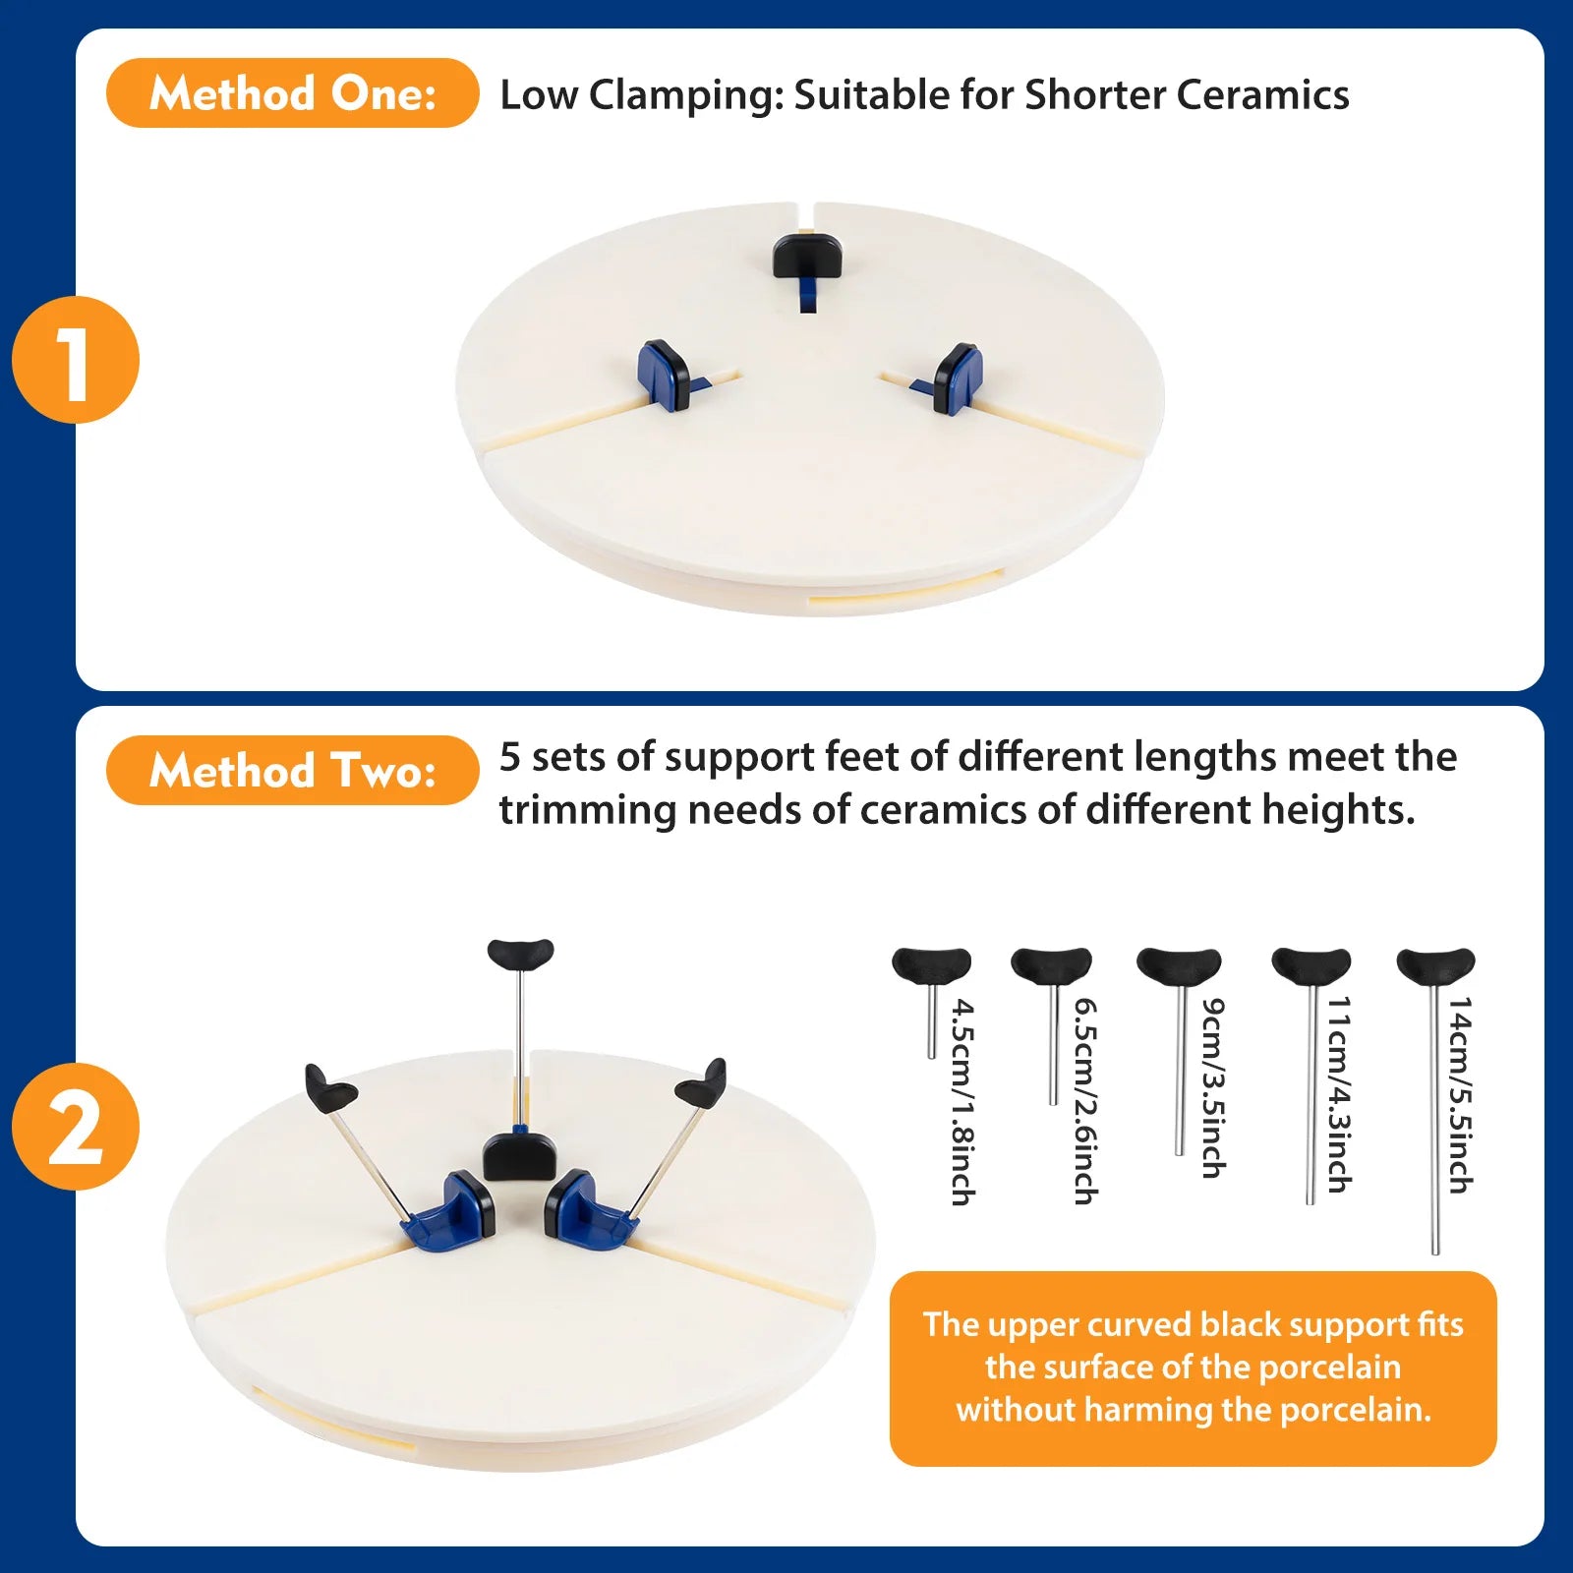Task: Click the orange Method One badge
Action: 292,93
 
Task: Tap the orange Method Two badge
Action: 292,771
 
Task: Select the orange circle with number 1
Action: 76,360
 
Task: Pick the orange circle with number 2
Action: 76,1127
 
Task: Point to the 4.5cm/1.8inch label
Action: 962,1102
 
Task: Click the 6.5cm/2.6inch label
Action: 1085,1101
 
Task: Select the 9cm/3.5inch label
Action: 1214,1088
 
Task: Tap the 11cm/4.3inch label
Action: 1339,1094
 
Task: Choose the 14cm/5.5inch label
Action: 1460,1094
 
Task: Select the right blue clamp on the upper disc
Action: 956,379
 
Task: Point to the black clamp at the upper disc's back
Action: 805,256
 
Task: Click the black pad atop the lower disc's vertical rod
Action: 520,954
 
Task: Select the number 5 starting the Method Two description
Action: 509,757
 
